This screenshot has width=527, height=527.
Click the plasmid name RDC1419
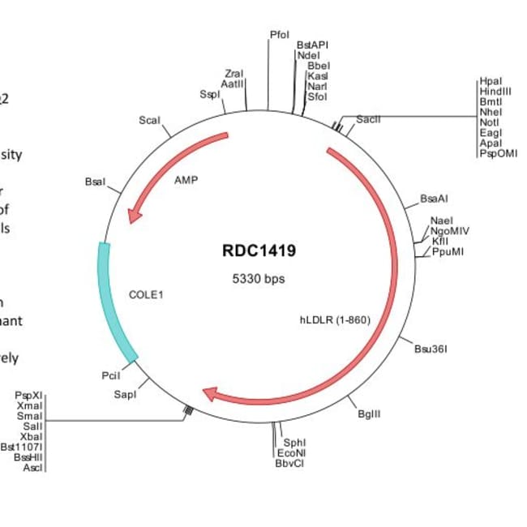259,251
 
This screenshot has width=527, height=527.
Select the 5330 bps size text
259,279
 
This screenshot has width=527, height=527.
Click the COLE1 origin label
146,294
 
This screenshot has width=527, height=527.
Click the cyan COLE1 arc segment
112,300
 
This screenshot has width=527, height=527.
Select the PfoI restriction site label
279,35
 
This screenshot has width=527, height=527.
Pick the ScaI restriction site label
149,120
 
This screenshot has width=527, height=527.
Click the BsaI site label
94,182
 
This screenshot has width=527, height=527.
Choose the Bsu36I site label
431,349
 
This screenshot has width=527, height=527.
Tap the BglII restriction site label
369,413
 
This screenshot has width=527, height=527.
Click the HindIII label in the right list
495,92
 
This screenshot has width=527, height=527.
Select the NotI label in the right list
490,122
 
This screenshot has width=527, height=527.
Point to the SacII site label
368,119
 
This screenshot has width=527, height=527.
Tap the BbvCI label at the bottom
289,463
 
